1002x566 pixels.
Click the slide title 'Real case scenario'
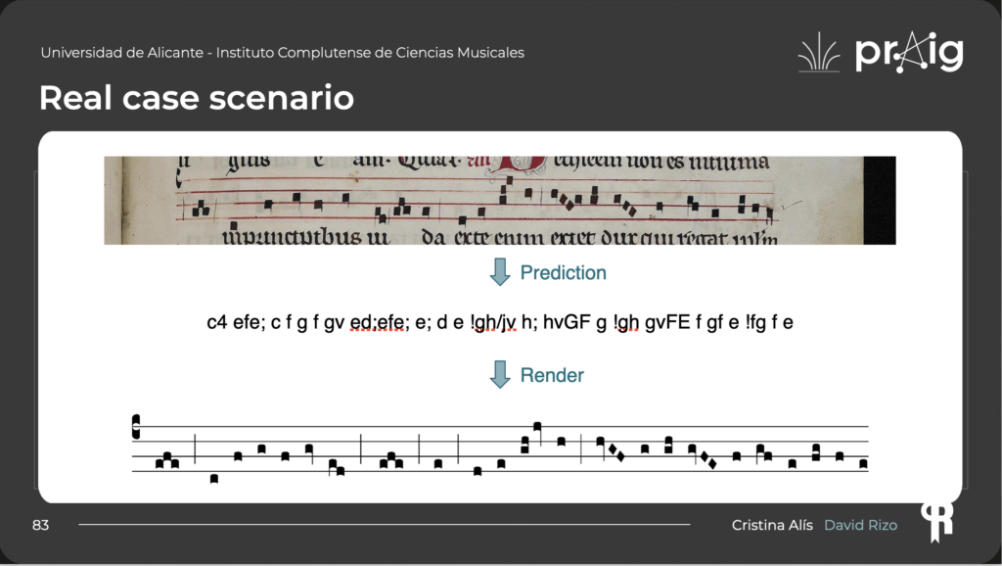[196, 98]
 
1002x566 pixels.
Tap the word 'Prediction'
[563, 273]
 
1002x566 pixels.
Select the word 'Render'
[552, 375]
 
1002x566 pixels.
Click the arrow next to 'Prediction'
[500, 272]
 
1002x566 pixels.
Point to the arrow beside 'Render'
[500, 374]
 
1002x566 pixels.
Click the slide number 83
[40, 526]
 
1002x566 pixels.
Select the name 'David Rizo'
[860, 526]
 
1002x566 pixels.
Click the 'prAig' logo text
[909, 53]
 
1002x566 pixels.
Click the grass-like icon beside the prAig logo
[819, 53]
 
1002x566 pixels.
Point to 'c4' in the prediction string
[217, 322]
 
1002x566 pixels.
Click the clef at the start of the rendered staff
[136, 428]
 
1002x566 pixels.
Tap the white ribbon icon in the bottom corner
[936, 520]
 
